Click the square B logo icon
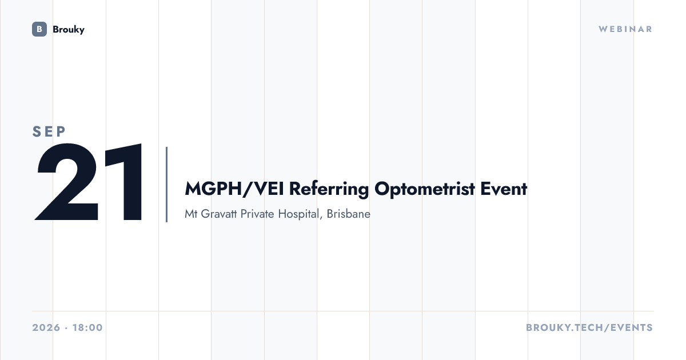pos(39,29)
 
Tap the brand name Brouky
pos(69,30)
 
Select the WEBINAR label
pos(625,29)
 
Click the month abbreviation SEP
pos(49,131)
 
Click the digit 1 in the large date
pos(123,182)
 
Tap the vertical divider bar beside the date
pos(166,184)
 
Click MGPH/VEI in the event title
pos(234,189)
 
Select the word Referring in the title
pos(329,189)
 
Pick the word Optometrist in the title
pos(425,189)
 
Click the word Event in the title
pos(504,189)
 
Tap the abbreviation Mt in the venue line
pos(191,214)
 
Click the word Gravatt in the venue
pos(219,214)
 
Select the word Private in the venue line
pos(257,214)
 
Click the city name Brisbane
pos(349,214)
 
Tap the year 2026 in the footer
pos(46,327)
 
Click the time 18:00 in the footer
pos(87,327)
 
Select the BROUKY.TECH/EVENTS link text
pos(589,327)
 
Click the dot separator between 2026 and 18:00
pos(66,328)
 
